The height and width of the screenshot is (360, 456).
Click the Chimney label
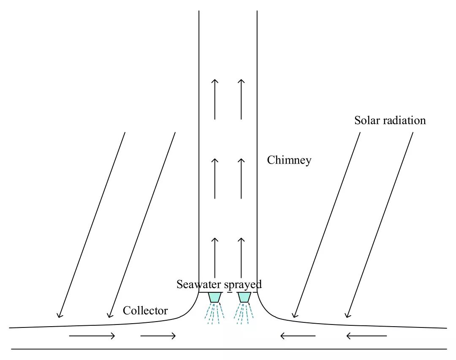tap(289, 160)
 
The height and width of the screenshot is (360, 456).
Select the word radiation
tap(405, 120)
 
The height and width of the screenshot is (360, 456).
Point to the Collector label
tap(145, 311)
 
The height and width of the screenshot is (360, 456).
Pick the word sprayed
tap(243, 284)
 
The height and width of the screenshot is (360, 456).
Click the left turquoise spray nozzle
tap(215, 297)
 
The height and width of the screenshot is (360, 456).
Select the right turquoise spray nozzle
tap(244, 297)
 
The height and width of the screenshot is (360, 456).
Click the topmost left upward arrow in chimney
tap(215, 99)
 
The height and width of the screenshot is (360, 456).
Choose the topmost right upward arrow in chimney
tap(241, 99)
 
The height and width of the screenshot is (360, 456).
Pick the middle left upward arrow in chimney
tap(215, 178)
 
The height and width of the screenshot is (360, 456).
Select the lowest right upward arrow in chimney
tap(241, 258)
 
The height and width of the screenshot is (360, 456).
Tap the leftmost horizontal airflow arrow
tap(92, 336)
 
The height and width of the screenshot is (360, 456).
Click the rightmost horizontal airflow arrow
tap(366, 336)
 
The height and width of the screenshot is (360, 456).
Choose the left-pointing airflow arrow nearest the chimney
tap(298, 336)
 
